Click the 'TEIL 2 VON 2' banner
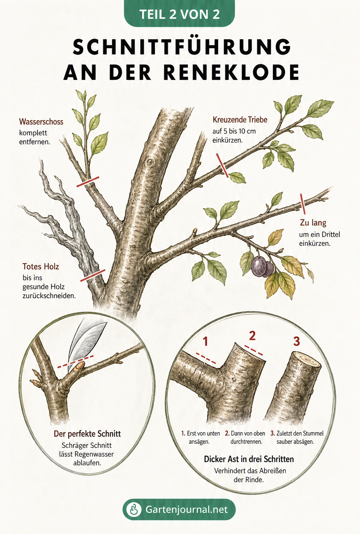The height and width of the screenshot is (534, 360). click(x=180, y=14)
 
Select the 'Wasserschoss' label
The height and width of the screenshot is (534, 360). click(x=41, y=121)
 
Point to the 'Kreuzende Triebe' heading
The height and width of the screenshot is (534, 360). click(x=240, y=119)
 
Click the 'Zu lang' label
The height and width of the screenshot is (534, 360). click(x=313, y=223)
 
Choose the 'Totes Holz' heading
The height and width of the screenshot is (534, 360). click(x=40, y=266)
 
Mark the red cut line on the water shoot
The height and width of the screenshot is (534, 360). click(x=88, y=182)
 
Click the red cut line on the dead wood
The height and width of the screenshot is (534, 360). click(x=92, y=275)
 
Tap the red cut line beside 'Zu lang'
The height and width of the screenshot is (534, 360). click(x=302, y=204)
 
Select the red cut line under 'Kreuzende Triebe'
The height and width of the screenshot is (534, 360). click(x=222, y=165)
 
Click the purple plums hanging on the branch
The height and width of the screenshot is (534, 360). click(x=262, y=266)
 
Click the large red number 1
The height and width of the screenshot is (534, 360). click(x=205, y=341)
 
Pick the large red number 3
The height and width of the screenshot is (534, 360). click(x=296, y=341)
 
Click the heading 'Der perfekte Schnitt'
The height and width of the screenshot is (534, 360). click(x=87, y=434)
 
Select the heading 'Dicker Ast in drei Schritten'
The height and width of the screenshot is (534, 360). click(x=249, y=459)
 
